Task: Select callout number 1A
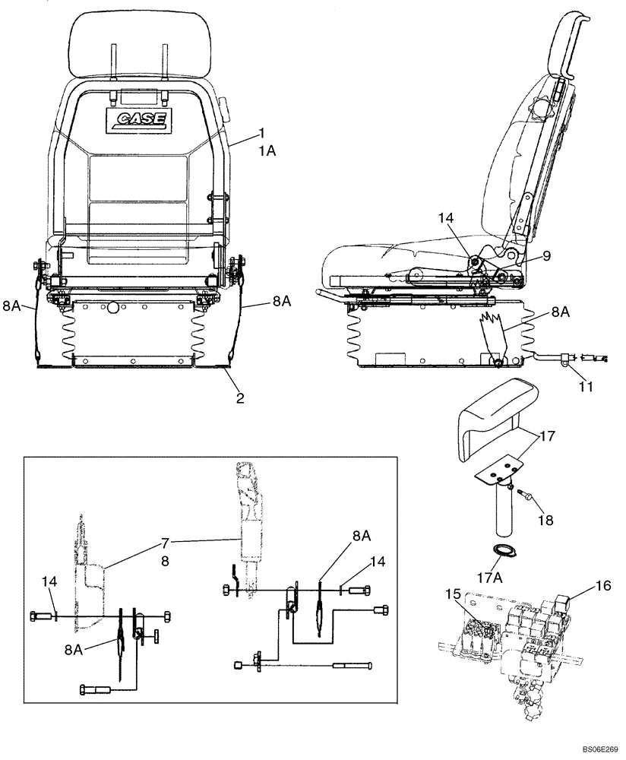[267, 151]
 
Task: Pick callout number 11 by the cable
[584, 387]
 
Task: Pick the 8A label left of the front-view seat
[11, 306]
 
